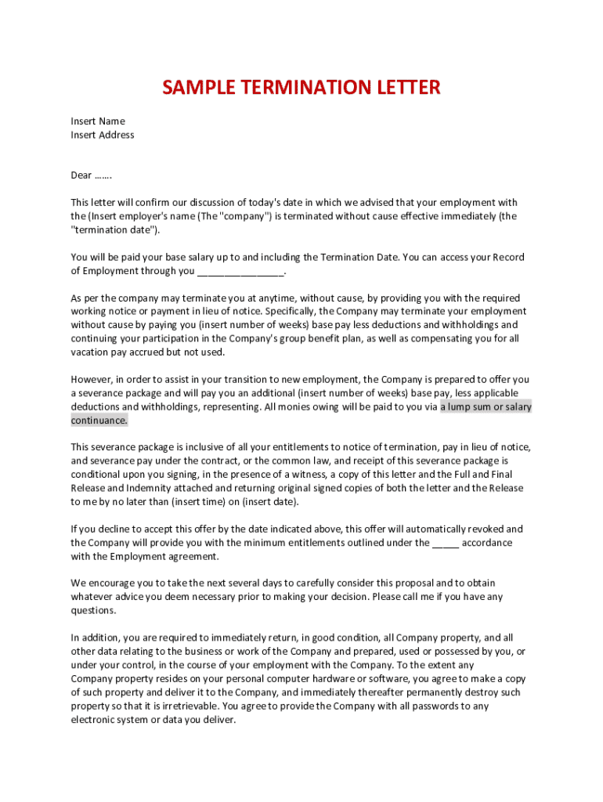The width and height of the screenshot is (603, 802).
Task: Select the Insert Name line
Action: (98, 121)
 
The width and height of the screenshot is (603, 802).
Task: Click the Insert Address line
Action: (103, 135)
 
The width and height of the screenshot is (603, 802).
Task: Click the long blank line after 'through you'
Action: (240, 272)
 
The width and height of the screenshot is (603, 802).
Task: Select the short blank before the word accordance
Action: (445, 543)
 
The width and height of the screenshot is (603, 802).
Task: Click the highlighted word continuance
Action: (99, 421)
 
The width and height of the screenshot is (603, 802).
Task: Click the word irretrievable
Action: (171, 706)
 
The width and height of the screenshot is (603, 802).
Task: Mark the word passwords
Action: (425, 706)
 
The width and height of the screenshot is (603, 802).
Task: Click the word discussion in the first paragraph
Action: (200, 203)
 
